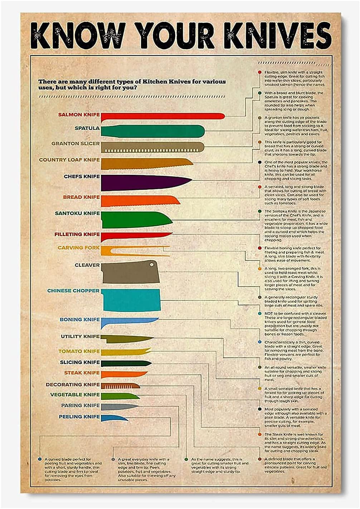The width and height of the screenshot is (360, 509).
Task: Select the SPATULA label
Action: point(87,128)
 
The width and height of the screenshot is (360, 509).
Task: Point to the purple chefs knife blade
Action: point(143,182)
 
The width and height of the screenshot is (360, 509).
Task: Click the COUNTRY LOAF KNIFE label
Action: point(69,160)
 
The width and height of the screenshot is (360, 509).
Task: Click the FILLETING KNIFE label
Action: point(77,234)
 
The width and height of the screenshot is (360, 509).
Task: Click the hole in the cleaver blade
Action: point(152,265)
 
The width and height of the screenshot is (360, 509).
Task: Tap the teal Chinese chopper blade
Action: point(131,300)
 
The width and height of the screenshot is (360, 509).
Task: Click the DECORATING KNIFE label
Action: point(73,384)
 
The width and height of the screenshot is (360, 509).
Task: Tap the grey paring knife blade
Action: point(118,407)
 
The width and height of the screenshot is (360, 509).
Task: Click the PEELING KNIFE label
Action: point(79,417)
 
